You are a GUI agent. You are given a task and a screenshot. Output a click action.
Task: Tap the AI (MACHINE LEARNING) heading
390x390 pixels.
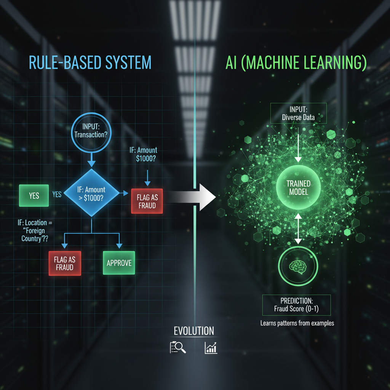pyautogui.click(x=296, y=63)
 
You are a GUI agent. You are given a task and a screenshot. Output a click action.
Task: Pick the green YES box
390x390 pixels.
pyautogui.click(x=34, y=196)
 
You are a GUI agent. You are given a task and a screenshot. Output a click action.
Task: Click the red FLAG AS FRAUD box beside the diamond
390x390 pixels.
pyautogui.click(x=147, y=201)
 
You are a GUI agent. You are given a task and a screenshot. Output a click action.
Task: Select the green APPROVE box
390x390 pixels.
pyautogui.click(x=119, y=263)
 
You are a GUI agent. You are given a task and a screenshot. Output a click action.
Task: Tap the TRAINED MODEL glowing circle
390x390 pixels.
pyautogui.click(x=298, y=187)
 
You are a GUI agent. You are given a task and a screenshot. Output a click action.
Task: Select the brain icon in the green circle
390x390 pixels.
pyautogui.click(x=298, y=267)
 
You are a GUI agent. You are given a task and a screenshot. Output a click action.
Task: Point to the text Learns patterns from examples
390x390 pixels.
pyautogui.click(x=297, y=323)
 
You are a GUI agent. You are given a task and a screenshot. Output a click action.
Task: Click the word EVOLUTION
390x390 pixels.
pyautogui.click(x=193, y=331)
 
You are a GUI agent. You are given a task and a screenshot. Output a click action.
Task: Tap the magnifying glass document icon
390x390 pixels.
pyautogui.click(x=177, y=347)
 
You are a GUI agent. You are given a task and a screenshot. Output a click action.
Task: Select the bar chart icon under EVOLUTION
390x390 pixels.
pyautogui.click(x=211, y=347)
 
